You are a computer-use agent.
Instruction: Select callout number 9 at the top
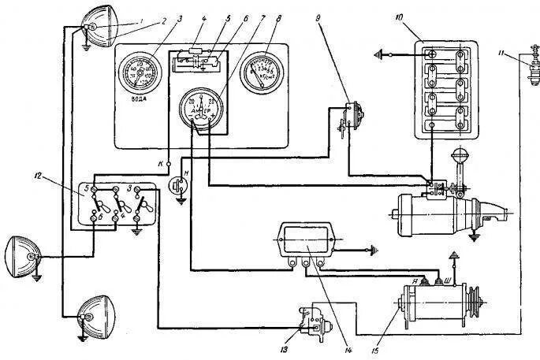(x=319, y=17)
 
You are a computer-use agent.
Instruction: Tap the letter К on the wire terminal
(x=159, y=162)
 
